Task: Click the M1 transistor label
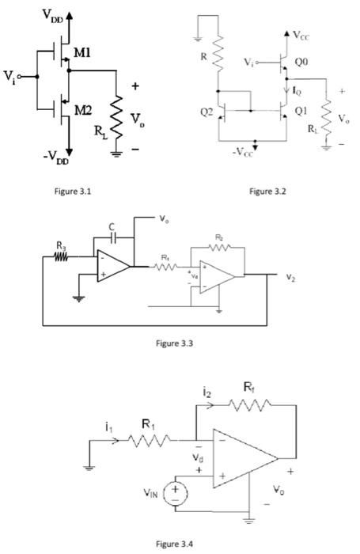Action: click(x=83, y=53)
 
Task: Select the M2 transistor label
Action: click(x=83, y=109)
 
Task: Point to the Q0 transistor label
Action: click(x=302, y=60)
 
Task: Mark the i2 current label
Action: click(x=206, y=392)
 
